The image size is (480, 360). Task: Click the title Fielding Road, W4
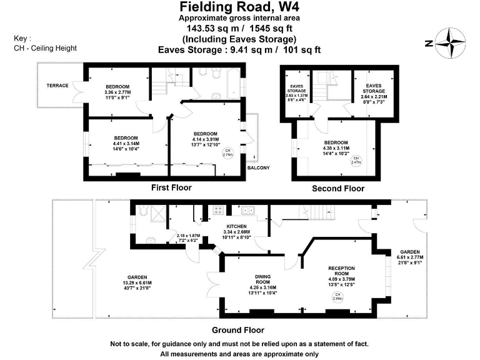[x=239, y=7]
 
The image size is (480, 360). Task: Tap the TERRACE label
[x=57, y=86]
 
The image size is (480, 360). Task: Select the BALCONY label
[x=258, y=167]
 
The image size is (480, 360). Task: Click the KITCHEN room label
[x=237, y=226]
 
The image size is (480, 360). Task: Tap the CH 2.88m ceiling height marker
[x=338, y=297]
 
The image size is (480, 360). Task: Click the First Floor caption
[x=171, y=187]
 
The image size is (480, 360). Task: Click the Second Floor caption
[x=337, y=188]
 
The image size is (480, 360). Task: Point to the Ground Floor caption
[x=237, y=330]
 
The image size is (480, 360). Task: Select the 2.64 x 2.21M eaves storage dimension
[x=374, y=97]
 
